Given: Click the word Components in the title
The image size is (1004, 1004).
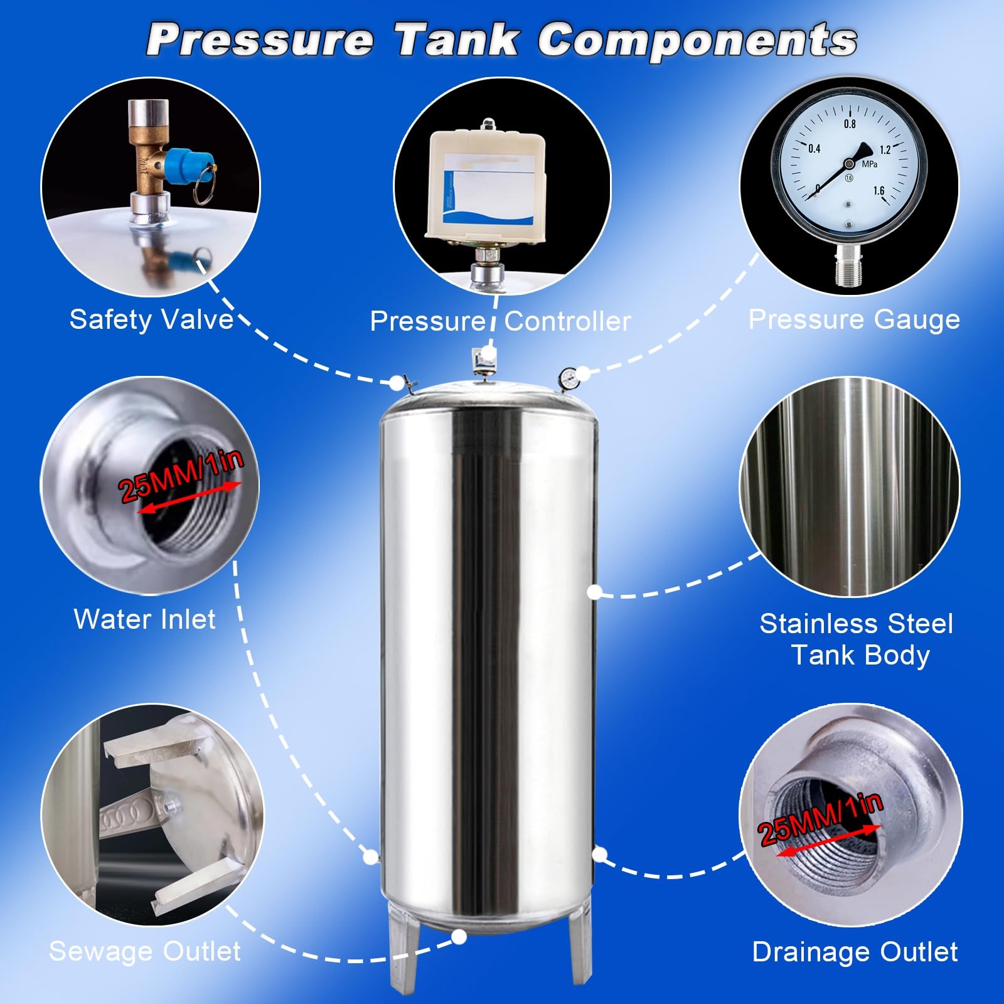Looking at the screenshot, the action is click(697, 40).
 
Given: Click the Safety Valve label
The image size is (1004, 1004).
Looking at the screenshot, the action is click(151, 319).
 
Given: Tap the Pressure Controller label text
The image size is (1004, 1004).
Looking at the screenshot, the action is click(500, 321).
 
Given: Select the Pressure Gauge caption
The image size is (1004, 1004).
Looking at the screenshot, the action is click(854, 320).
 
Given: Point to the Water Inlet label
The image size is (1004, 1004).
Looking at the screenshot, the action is click(145, 619).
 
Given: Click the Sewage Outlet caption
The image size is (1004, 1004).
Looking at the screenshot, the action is click(145, 951).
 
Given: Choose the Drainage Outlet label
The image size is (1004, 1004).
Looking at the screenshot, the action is click(855, 952).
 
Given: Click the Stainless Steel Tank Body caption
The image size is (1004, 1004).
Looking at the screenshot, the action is click(857, 639).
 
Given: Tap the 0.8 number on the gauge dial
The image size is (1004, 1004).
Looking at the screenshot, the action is click(850, 124).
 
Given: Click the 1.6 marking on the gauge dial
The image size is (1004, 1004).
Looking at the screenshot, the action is click(878, 190).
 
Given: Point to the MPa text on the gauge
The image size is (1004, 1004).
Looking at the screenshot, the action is click(869, 164).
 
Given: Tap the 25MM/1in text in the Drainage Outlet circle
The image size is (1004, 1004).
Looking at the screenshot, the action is click(821, 818).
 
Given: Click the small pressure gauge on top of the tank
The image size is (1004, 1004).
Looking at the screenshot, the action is click(568, 378).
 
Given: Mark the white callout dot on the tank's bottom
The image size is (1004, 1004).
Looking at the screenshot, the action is click(459, 937).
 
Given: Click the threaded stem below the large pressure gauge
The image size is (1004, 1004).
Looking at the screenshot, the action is click(849, 266).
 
